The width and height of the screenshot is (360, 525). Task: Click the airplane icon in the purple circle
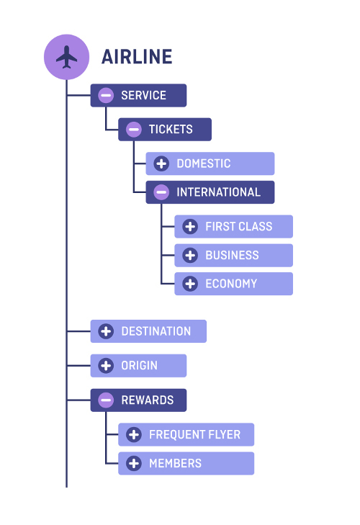66,56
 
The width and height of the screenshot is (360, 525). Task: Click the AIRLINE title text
137,57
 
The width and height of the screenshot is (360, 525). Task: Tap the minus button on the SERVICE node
106,95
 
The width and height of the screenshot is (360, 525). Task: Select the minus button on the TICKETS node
133,130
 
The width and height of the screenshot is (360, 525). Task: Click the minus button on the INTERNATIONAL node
161,192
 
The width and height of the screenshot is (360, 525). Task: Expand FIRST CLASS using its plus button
190,226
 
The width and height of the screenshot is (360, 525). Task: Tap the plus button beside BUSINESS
190,255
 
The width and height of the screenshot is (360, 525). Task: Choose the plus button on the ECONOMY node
190,284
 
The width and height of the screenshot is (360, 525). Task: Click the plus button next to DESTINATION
106,331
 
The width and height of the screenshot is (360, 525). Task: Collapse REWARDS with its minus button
106,400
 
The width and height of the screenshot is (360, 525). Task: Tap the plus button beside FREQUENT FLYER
133,435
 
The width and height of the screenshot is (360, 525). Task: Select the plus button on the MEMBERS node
133,464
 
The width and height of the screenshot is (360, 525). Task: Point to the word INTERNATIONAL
218,192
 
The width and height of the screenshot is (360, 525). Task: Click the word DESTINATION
156,331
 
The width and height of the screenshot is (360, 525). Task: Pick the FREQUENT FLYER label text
194,435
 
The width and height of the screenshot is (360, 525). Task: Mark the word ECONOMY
231,284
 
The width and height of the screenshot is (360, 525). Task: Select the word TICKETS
171,130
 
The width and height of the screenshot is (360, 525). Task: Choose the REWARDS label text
147,400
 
